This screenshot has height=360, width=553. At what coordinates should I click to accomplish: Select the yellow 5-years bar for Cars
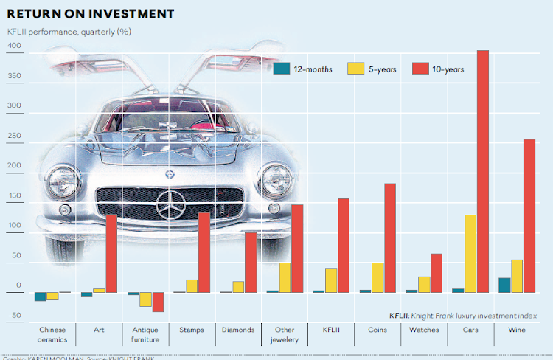(470, 254)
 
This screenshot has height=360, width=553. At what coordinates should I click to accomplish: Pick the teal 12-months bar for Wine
(504, 285)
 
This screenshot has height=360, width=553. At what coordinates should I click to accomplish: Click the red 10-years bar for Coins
(390, 238)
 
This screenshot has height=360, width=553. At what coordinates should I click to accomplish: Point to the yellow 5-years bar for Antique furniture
(145, 300)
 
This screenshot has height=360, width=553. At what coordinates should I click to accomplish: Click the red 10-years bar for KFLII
(344, 245)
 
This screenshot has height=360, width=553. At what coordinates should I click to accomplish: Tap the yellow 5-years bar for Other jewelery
(285, 277)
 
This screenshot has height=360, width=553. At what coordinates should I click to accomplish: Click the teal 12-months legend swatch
(281, 69)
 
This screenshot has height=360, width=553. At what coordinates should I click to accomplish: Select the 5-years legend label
(385, 69)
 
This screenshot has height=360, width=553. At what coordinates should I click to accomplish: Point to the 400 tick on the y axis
(13, 46)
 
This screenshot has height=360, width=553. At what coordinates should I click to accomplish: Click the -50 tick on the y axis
(13, 316)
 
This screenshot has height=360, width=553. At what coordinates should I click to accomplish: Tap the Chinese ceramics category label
(52, 334)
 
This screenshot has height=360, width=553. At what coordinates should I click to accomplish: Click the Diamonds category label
(238, 330)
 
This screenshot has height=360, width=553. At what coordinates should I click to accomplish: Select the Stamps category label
(192, 330)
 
